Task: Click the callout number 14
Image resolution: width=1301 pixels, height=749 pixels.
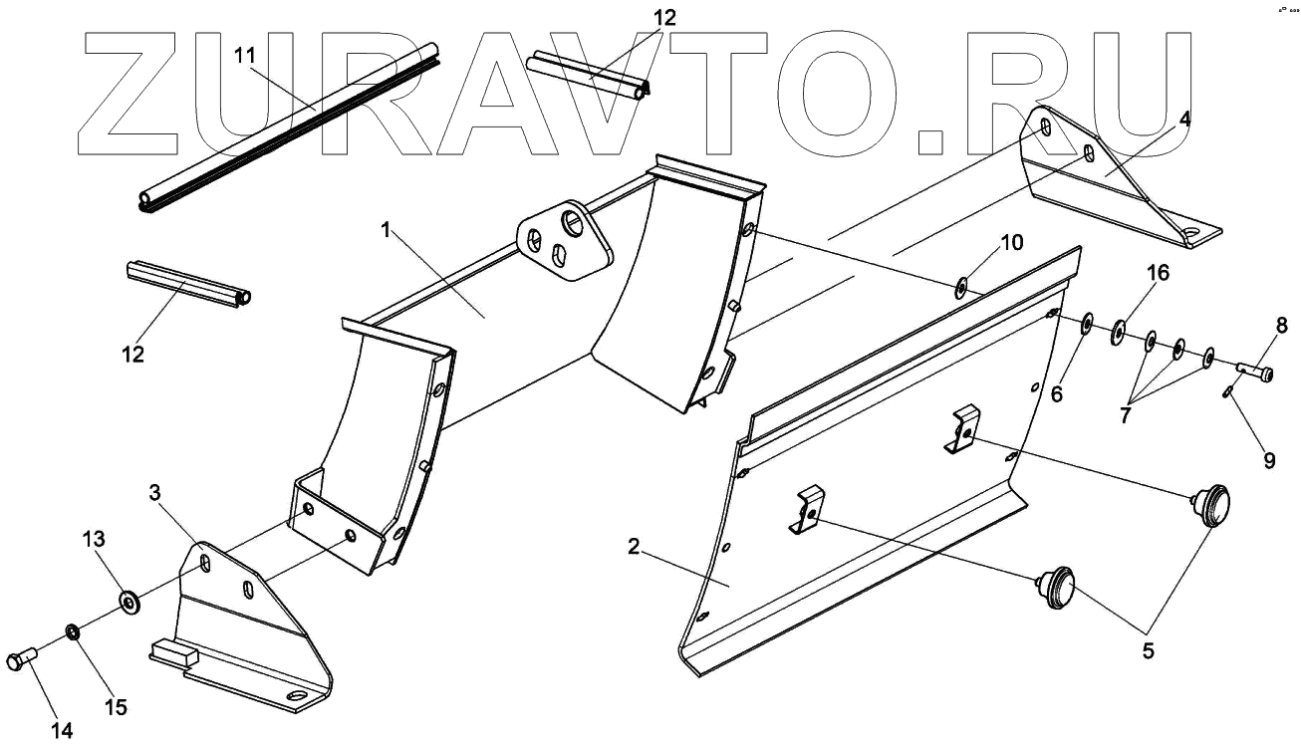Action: pos(62,731)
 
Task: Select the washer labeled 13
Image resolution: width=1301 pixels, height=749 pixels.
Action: pos(129,602)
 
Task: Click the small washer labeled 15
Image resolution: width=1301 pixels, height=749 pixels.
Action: pos(73,631)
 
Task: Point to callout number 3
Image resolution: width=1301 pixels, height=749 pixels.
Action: pos(154,492)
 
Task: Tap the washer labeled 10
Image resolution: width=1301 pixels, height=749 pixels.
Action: pos(962,289)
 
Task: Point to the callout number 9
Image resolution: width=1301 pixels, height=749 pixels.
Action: pos(1269,460)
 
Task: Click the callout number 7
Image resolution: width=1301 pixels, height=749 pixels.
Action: pos(1125,415)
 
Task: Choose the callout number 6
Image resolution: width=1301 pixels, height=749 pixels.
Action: pos(1057,394)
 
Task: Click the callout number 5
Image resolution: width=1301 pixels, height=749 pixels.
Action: pos(1147,652)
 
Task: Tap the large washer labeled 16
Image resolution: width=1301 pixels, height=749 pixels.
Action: pos(1120,330)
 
